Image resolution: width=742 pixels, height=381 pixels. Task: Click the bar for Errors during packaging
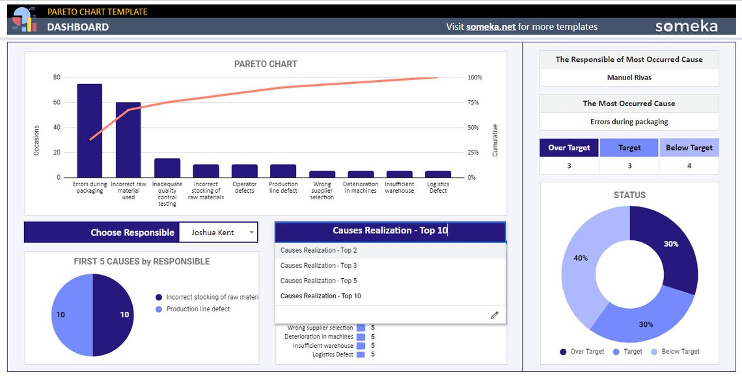tap(90, 130)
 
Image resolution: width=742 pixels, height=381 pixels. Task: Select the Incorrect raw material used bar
tap(128, 139)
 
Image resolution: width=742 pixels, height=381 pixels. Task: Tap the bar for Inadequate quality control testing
tap(167, 168)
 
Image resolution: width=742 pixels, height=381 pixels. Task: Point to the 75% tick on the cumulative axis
tap(473, 103)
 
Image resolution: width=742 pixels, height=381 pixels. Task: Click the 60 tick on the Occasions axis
tap(57, 103)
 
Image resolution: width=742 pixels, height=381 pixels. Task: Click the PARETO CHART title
tap(266, 64)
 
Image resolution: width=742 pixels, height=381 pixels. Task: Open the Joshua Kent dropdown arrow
tap(251, 233)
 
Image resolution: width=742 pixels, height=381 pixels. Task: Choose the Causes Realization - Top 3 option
tap(318, 266)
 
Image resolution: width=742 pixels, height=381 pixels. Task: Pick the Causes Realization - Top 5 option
tap(318, 281)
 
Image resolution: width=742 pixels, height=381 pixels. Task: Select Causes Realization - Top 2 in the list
tap(318, 250)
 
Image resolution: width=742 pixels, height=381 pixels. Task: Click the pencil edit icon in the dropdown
tap(494, 315)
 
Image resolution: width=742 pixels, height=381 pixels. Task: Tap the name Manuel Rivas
tap(629, 78)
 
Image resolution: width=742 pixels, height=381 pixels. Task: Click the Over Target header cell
tap(569, 148)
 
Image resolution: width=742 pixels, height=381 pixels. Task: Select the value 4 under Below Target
tap(689, 166)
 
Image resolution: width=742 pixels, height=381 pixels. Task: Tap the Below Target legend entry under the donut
tap(680, 352)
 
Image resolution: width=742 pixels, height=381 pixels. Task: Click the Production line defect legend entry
tap(198, 309)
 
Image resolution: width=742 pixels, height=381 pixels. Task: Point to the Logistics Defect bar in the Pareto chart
tap(438, 174)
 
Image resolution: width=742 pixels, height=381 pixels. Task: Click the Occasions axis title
tap(36, 140)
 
